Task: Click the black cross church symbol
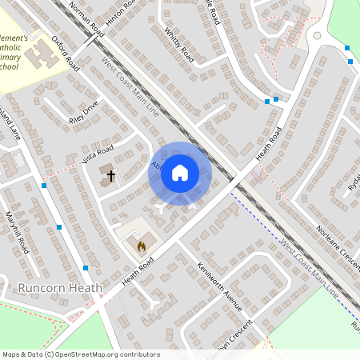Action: point(110,174)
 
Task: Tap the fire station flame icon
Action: point(142,246)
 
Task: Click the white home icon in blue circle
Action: point(180,172)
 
